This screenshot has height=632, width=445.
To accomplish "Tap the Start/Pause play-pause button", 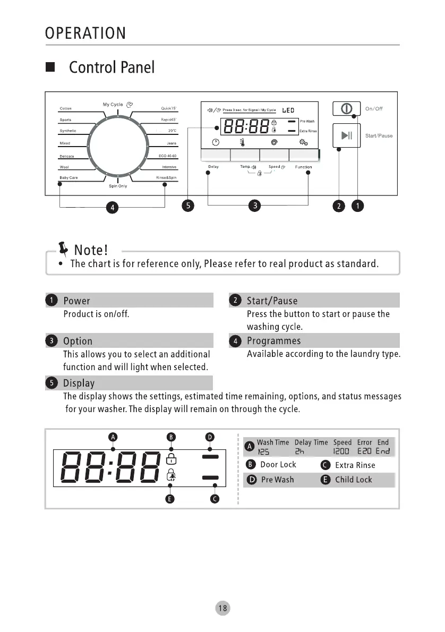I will click(x=346, y=135).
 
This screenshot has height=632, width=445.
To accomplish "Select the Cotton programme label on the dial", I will click(x=65, y=109).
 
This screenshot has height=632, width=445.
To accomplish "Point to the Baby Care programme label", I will click(x=69, y=177).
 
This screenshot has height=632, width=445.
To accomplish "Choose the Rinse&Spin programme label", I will click(x=166, y=177).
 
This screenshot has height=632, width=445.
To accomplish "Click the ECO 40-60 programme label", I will click(x=167, y=156).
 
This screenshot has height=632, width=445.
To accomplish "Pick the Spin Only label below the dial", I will click(x=118, y=186).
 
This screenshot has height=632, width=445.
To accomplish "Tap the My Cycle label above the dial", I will click(x=113, y=105).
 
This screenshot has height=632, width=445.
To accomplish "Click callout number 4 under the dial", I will click(x=112, y=207).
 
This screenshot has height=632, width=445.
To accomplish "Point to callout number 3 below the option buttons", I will click(x=255, y=206).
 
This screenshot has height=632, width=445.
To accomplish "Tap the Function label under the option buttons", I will click(x=304, y=167).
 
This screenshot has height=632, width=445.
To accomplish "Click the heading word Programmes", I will click(x=273, y=341).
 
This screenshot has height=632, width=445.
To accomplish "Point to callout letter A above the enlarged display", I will click(x=112, y=437).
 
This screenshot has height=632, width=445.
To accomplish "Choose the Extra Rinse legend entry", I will click(x=355, y=465).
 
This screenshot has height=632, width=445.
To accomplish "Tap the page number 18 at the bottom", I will click(x=222, y=609).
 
